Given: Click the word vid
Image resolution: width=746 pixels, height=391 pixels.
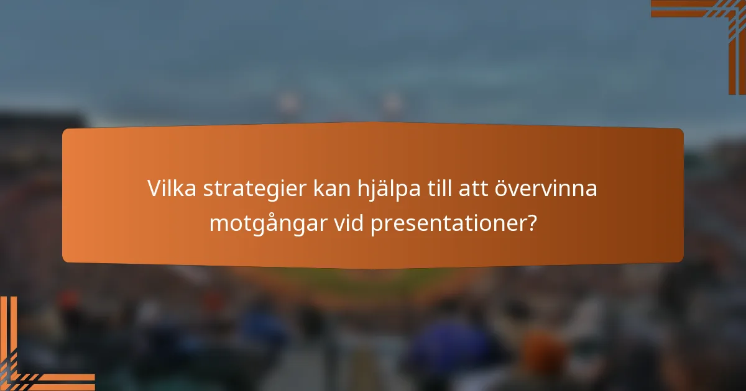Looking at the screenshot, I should pyautogui.click(x=349, y=223).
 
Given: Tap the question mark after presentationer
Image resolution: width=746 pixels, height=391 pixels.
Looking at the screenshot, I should pyautogui.click(x=530, y=223).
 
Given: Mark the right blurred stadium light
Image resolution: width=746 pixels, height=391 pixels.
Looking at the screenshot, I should pyautogui.click(x=393, y=101).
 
